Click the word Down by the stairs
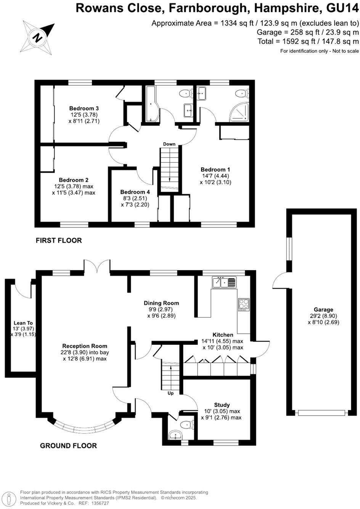(x=169, y=144)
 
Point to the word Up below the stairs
(x=170, y=393)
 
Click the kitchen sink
(x=224, y=282)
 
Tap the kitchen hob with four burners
(x=244, y=304)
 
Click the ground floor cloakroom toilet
(x=186, y=425)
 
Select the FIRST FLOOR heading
(x=59, y=240)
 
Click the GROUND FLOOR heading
(x=68, y=445)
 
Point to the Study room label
(x=221, y=405)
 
